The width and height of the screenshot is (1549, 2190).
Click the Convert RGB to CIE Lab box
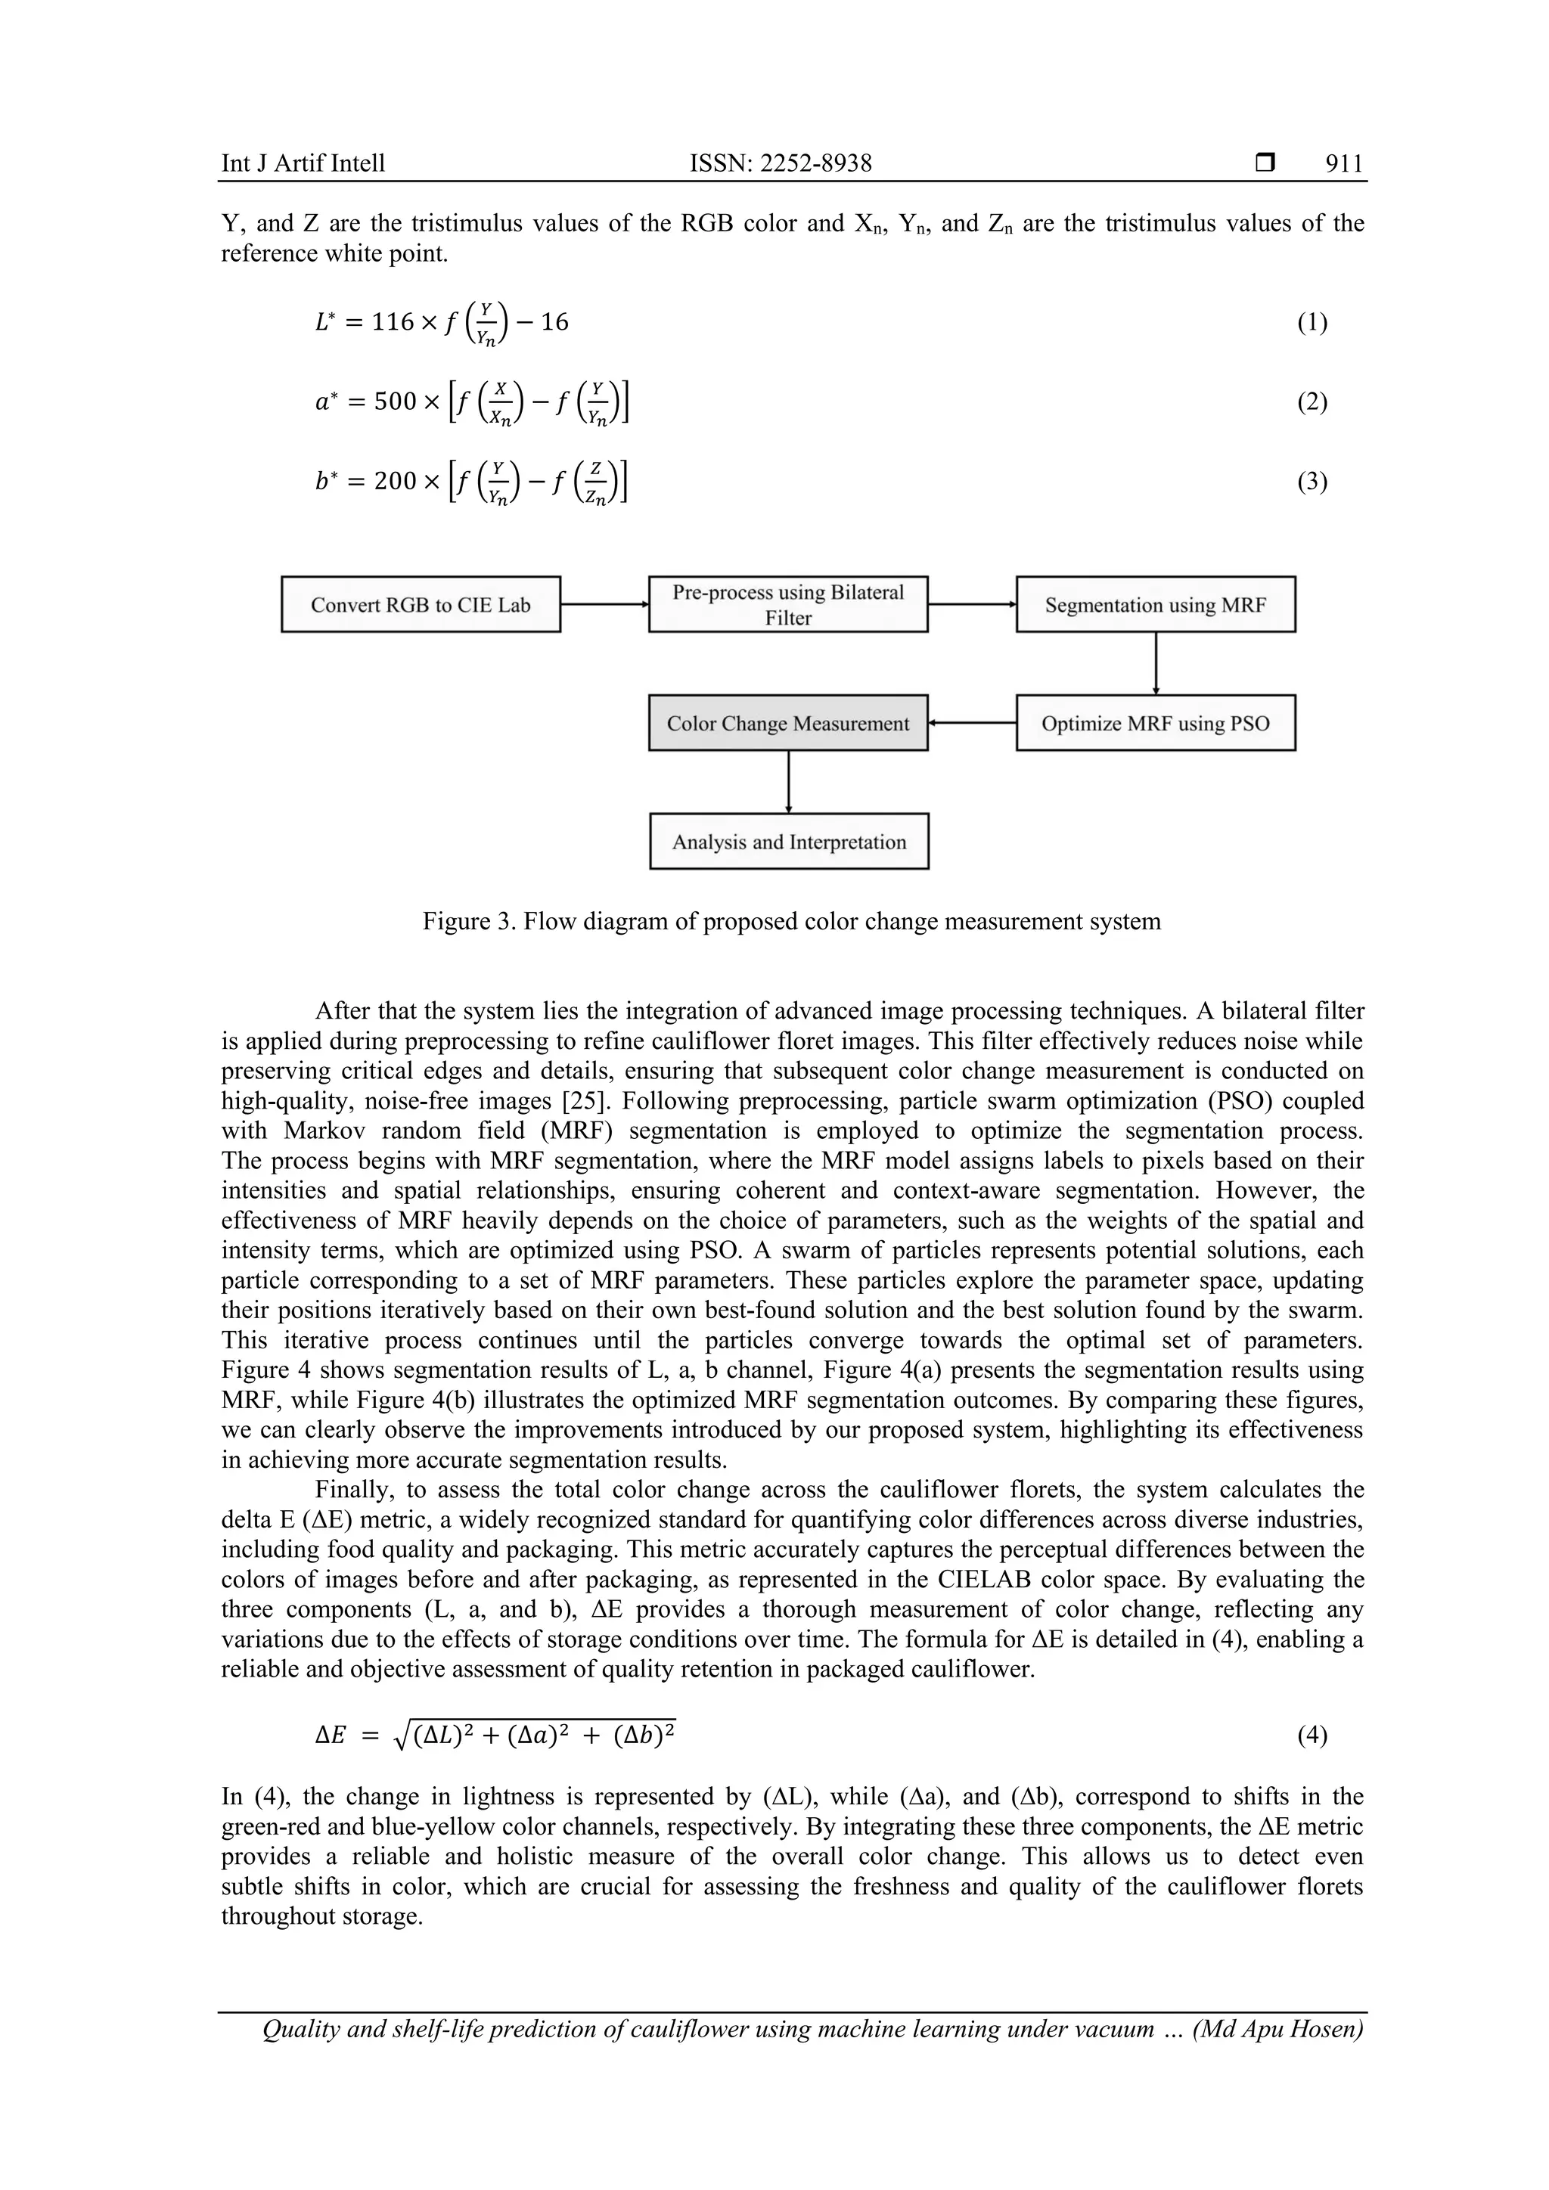pyautogui.click(x=421, y=605)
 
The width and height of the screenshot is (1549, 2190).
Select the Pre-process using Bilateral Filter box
pyautogui.click(x=788, y=605)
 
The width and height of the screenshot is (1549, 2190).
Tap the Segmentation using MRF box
pyautogui.click(x=1155, y=605)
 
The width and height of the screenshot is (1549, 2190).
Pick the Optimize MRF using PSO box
pyautogui.click(x=1155, y=723)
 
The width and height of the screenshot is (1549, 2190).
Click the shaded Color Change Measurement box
pyautogui.click(x=788, y=723)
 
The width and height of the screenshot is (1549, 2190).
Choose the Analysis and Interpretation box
pyautogui.click(x=789, y=841)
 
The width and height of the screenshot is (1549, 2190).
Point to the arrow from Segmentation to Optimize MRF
pyautogui.click(x=1156, y=663)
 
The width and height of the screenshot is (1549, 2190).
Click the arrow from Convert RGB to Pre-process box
pyautogui.click(x=604, y=603)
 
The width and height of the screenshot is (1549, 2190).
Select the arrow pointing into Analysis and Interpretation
pyautogui.click(x=789, y=781)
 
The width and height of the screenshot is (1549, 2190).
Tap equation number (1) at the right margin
pyautogui.click(x=1312, y=322)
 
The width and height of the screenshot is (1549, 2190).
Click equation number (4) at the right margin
pyautogui.click(x=1312, y=1734)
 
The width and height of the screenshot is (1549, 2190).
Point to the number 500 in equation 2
pyautogui.click(x=395, y=402)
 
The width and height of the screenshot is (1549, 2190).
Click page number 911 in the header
pyautogui.click(x=1344, y=164)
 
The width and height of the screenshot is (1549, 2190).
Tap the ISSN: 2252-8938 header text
pyautogui.click(x=781, y=164)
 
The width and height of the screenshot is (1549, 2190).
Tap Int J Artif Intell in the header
pyautogui.click(x=303, y=164)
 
